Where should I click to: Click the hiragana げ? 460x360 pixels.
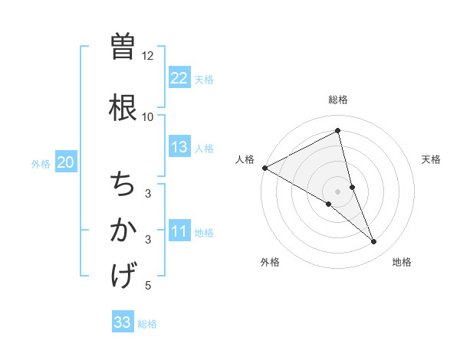(x=123, y=274)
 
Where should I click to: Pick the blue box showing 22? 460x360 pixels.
(x=179, y=78)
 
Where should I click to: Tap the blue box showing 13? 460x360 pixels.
(x=179, y=147)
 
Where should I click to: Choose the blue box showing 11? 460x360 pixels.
(x=179, y=232)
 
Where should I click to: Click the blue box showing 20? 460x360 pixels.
(x=66, y=162)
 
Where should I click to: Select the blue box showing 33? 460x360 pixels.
(x=123, y=322)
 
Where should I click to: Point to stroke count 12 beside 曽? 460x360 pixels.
(x=148, y=56)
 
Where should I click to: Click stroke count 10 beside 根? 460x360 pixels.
(x=148, y=116)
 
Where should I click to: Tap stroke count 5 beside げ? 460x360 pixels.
(x=148, y=286)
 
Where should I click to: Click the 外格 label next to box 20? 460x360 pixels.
(x=41, y=163)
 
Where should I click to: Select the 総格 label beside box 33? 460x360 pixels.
(x=148, y=324)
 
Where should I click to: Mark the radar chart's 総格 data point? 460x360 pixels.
(x=338, y=130)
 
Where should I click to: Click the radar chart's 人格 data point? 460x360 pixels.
(x=264, y=168)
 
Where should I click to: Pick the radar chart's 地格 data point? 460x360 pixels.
(x=374, y=242)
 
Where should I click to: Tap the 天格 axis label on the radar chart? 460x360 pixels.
(x=431, y=159)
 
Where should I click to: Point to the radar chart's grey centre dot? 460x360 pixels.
(x=338, y=191)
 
